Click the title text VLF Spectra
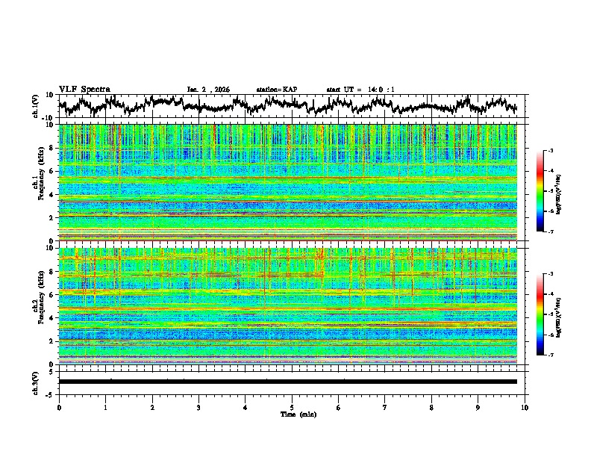coord(84,89)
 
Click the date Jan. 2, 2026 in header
coord(208,90)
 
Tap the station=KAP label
coord(276,90)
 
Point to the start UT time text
coord(360,90)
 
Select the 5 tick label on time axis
coord(292,407)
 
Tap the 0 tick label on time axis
coord(59,407)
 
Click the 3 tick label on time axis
coord(198,407)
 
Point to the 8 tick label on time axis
coord(431,407)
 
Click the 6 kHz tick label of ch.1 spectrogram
coord(52,171)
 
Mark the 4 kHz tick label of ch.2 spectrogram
coord(52,318)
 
